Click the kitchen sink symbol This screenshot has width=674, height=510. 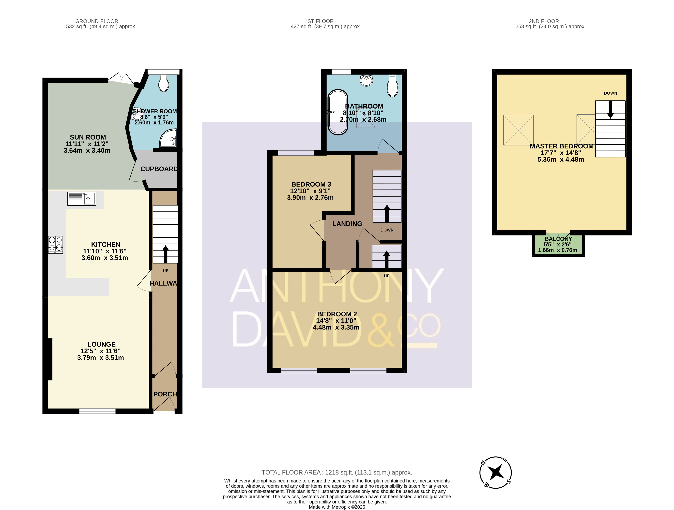82,199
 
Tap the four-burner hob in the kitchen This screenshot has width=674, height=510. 56,245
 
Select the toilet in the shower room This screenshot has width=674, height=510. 164,83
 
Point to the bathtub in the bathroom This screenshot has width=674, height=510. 338,112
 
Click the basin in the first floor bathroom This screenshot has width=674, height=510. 366,80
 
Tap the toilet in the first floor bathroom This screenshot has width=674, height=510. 392,86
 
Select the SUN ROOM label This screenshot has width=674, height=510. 88,137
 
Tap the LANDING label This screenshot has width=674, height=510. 347,224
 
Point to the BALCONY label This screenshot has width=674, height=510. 558,239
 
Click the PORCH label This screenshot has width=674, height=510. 165,394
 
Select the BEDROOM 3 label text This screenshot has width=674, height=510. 311,184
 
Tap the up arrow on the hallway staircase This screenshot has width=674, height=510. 165,254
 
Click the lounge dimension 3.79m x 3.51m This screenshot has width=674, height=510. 101,358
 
